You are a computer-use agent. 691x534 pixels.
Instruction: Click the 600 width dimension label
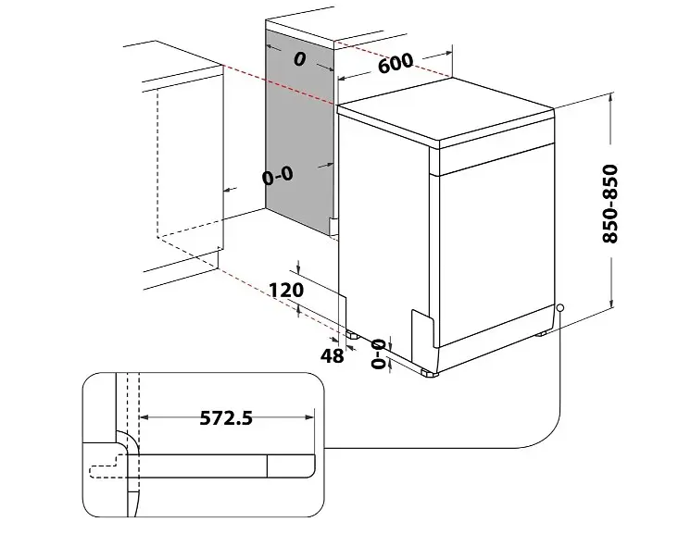[x=396, y=63]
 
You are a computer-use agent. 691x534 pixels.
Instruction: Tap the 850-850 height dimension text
[x=610, y=204]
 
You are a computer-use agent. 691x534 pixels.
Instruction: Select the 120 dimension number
[x=286, y=290]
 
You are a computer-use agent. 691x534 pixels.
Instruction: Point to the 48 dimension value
[x=332, y=355]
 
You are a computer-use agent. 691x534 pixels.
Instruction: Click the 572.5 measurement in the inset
[x=226, y=417]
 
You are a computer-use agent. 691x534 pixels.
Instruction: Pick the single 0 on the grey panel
[x=300, y=58]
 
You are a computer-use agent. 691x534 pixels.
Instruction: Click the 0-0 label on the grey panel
[x=278, y=176]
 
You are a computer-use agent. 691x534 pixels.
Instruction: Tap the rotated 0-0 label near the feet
[x=379, y=354]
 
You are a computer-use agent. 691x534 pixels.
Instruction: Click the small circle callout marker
[x=559, y=308]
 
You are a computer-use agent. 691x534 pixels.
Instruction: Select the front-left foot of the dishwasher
[x=429, y=374]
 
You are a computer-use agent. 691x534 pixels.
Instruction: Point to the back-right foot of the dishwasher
[x=542, y=333]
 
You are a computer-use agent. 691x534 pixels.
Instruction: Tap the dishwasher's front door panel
[x=496, y=245]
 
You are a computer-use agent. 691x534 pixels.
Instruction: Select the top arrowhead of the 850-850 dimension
[x=611, y=97]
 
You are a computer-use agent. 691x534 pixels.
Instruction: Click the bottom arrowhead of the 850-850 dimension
[x=611, y=304]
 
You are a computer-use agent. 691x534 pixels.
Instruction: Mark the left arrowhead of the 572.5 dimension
[x=144, y=416]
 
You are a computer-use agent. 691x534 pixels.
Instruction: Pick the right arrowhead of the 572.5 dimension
[x=309, y=416]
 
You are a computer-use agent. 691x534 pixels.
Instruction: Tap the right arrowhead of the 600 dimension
[x=447, y=54]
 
